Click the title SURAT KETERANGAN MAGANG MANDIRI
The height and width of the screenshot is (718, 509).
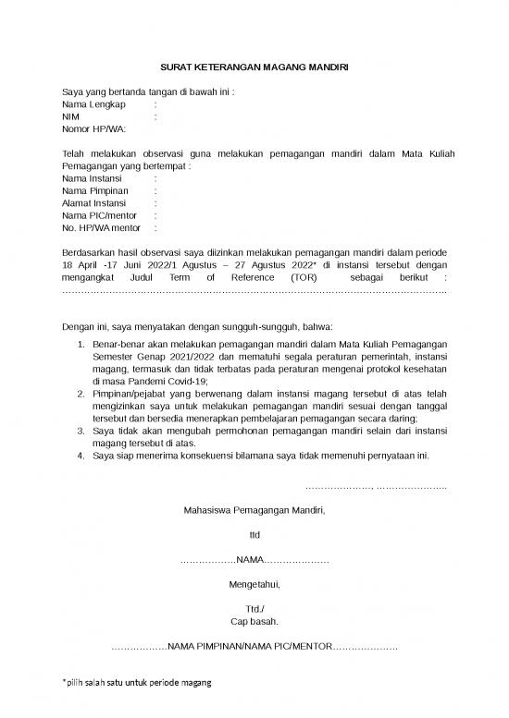click(x=254, y=67)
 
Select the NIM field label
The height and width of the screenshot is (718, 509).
click(x=70, y=117)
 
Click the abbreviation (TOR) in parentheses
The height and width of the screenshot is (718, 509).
click(x=304, y=275)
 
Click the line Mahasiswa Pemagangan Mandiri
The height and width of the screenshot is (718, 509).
click(x=254, y=510)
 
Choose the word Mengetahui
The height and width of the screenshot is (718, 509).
click(x=254, y=584)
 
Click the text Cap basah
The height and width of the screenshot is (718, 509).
click(x=254, y=621)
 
